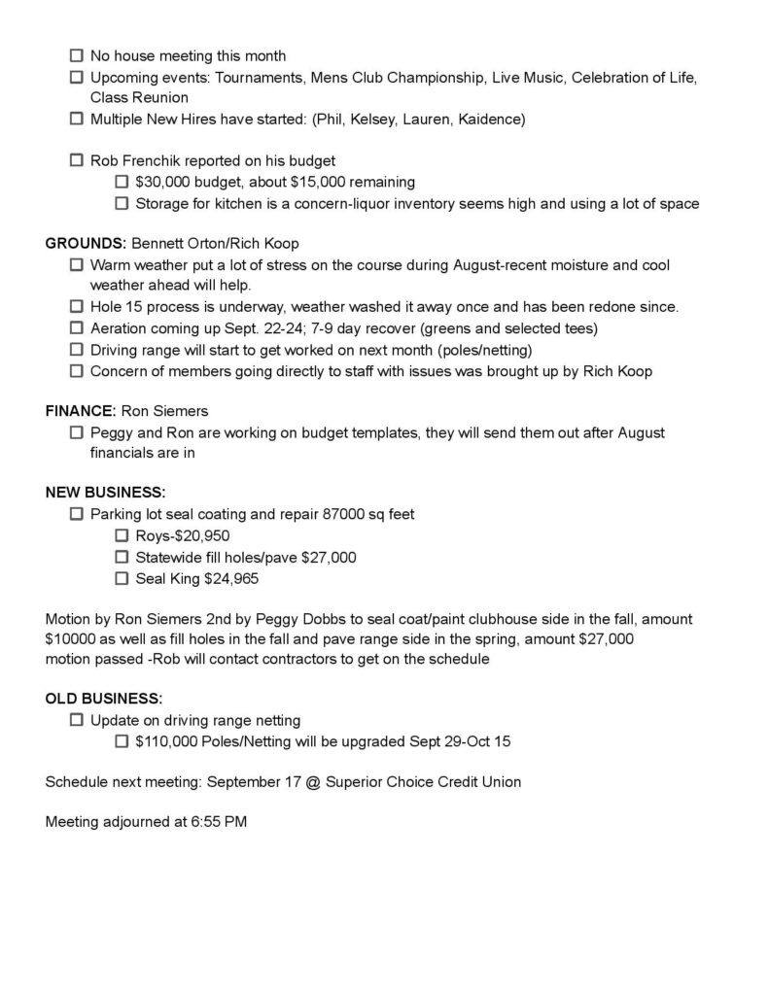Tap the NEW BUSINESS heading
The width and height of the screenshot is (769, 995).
click(105, 491)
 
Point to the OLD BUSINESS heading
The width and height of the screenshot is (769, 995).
click(104, 698)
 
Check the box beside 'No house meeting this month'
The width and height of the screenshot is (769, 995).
click(76, 56)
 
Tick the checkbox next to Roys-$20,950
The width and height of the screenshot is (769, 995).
click(122, 535)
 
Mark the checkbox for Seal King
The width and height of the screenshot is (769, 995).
click(122, 578)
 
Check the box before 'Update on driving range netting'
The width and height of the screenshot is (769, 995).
click(76, 720)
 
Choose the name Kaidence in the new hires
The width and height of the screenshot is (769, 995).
click(492, 120)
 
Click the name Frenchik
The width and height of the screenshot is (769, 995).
click(151, 160)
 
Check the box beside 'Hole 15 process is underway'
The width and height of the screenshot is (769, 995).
click(76, 306)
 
